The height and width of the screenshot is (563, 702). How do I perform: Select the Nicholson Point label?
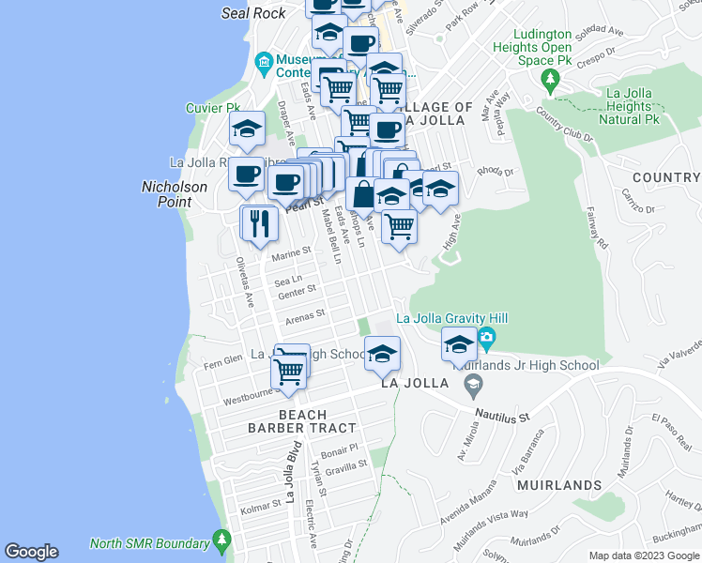pos(175,194)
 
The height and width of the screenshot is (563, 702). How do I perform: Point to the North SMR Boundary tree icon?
pos(221,541)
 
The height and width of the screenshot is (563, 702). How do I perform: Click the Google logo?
pos(31,552)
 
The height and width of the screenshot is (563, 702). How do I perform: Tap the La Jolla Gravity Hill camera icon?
pos(485,337)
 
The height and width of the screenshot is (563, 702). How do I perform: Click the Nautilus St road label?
pos(502,413)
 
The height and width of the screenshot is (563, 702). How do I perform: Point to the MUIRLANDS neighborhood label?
pos(559,485)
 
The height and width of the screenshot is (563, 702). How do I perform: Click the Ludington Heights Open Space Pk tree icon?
pos(550,79)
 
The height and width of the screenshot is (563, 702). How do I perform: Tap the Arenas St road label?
pos(305,316)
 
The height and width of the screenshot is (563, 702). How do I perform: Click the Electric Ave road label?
pos(312,526)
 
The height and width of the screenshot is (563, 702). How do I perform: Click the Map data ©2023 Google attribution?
pos(645,555)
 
